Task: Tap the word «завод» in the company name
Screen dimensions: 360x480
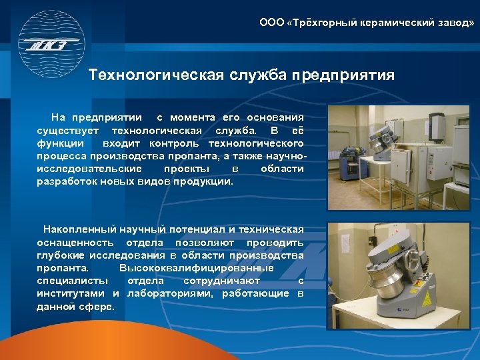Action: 455,23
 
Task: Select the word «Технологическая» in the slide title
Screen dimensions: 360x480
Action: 156,75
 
